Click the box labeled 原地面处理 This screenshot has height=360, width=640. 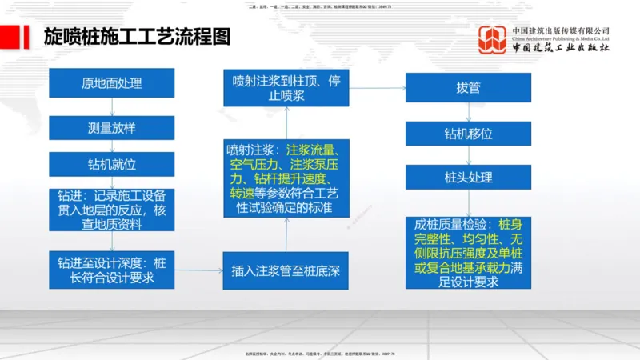[112, 83]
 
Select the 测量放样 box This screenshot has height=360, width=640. [112, 127]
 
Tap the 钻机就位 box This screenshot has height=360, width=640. [112, 165]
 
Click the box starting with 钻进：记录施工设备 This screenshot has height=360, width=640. [112, 210]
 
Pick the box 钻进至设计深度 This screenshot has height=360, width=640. [112, 270]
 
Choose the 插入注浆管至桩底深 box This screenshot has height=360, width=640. [286, 270]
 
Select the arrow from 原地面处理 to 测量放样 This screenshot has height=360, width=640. [112, 106]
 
